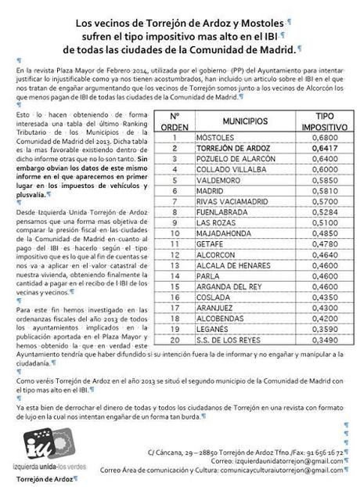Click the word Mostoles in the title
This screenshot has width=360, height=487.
(x=253, y=23)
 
